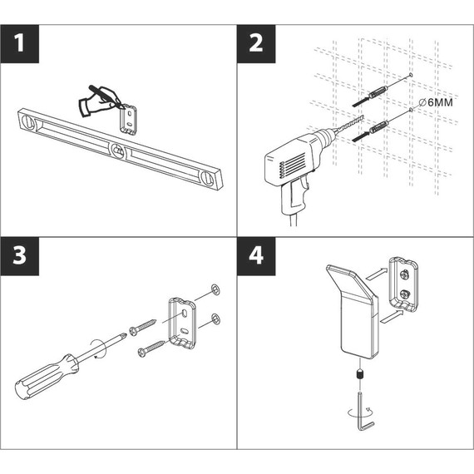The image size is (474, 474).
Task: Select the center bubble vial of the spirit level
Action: tap(120, 152)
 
